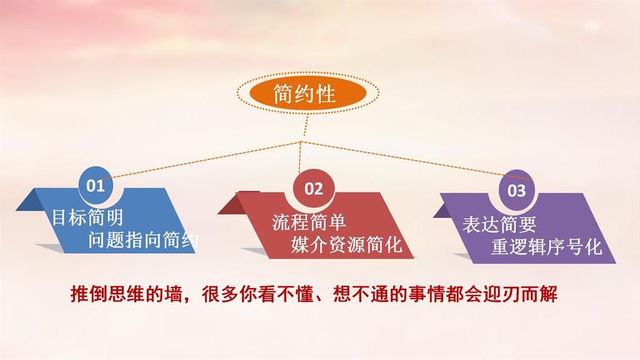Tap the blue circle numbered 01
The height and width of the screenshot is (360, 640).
96,185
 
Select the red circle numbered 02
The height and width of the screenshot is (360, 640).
314,188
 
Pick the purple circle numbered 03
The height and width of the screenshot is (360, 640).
517,191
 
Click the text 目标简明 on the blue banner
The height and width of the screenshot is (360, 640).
87,217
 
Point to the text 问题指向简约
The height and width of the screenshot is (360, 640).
143,239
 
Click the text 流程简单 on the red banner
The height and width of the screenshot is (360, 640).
309,222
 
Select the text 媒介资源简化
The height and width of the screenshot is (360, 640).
346,244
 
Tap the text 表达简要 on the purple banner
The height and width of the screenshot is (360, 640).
499,225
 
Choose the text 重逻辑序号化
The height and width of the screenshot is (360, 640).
546,247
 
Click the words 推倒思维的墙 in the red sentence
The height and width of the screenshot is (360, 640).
126,294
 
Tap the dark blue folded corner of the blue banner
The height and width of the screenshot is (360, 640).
31,201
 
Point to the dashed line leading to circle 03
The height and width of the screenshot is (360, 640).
417,161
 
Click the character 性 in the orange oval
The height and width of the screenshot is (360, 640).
326,94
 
